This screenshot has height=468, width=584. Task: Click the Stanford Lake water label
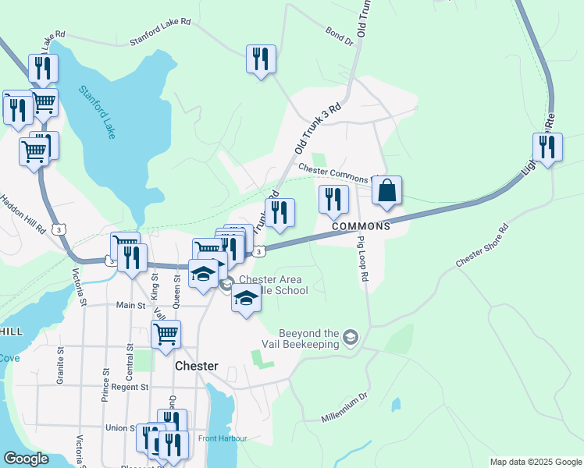tap(97, 112)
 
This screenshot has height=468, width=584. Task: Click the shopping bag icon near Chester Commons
tap(386, 191)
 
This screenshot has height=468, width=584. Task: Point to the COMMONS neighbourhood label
tap(361, 226)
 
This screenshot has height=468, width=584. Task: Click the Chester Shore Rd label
tap(483, 247)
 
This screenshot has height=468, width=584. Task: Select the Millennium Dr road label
tap(344, 408)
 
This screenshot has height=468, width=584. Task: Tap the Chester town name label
tap(196, 365)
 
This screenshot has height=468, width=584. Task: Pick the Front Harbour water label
tap(223, 438)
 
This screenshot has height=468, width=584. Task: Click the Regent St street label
tap(129, 387)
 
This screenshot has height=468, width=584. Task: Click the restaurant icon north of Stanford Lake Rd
tap(261, 59)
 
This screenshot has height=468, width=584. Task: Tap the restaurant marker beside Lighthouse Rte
tap(547, 147)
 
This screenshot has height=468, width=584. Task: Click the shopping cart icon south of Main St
tap(166, 334)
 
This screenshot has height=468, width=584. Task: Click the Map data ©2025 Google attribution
tap(535, 462)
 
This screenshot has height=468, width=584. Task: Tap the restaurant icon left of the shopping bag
tap(333, 199)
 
